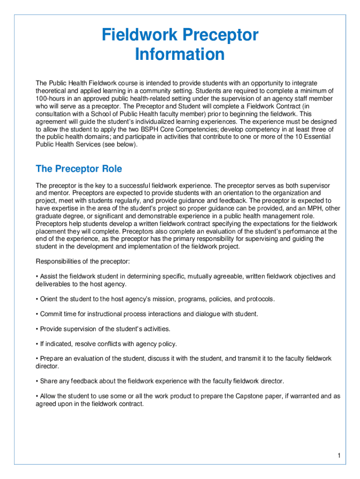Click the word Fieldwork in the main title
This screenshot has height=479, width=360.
[140, 35]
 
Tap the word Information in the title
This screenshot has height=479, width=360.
[180, 54]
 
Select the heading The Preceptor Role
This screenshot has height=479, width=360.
[79, 168]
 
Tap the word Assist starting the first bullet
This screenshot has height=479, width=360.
[49, 276]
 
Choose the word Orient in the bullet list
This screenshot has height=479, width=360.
[50, 299]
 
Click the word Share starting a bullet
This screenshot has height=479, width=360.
[49, 381]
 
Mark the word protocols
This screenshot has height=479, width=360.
[260, 299]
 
